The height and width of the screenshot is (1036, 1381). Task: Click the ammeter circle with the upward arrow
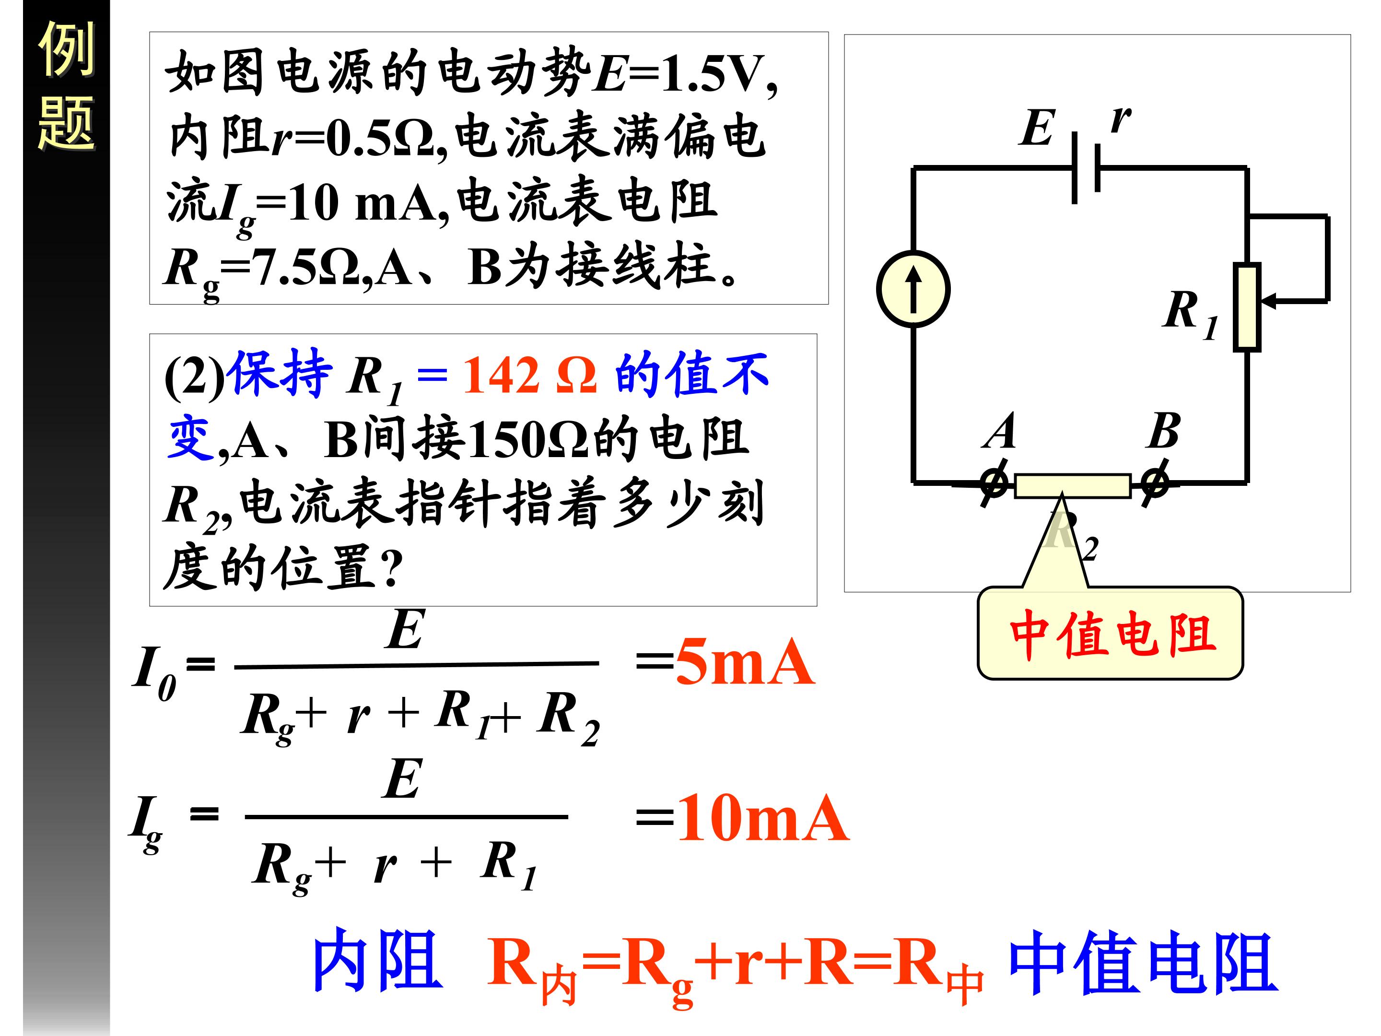click(x=913, y=289)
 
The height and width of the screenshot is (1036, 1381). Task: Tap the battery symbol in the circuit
click(x=1086, y=167)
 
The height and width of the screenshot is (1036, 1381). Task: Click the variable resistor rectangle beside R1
click(x=1247, y=306)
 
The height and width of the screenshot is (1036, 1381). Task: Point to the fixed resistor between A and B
click(x=1073, y=486)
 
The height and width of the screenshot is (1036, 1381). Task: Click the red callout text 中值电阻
click(x=1112, y=635)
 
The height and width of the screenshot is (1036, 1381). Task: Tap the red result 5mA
click(x=744, y=662)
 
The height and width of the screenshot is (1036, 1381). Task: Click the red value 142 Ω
click(x=529, y=375)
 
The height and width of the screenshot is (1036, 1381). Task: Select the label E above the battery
click(x=1037, y=128)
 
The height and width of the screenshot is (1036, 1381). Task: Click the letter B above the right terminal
click(x=1164, y=431)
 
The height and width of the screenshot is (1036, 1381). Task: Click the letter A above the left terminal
click(x=999, y=431)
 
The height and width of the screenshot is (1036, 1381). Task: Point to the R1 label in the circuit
click(x=1189, y=312)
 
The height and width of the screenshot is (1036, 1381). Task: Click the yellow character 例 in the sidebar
click(x=66, y=49)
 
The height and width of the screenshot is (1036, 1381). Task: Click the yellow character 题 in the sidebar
click(x=66, y=123)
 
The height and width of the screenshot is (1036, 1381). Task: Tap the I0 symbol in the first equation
click(x=153, y=672)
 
